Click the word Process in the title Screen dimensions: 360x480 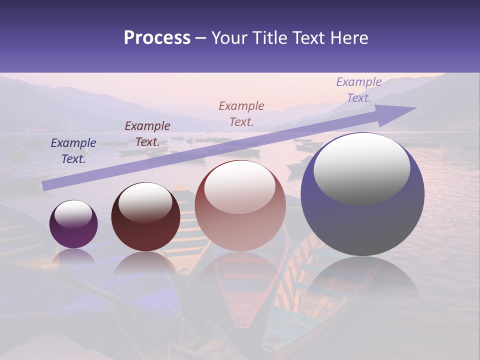[157, 37]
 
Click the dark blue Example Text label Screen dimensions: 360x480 [73, 151]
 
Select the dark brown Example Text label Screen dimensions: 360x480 [147, 134]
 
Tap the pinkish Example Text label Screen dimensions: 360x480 [241, 113]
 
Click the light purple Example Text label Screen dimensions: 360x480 [359, 90]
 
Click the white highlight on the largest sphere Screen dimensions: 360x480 [361, 167]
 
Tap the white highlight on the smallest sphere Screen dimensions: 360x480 [73, 214]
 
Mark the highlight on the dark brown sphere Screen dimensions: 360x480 [145, 201]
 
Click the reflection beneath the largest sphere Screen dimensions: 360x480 [362, 280]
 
